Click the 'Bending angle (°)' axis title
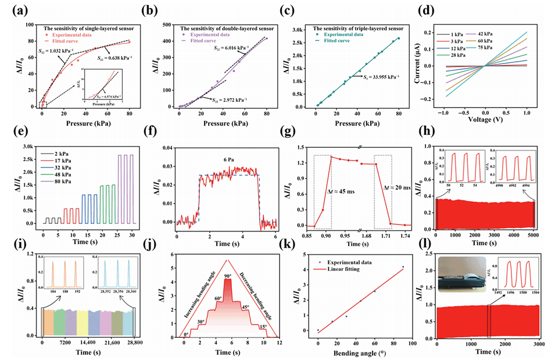(x=356, y=354)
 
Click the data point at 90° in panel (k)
(x=403, y=267)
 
